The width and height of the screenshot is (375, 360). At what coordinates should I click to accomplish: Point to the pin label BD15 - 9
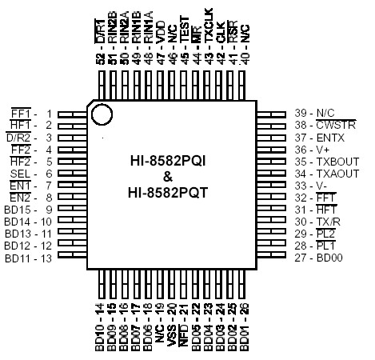[x=29, y=210]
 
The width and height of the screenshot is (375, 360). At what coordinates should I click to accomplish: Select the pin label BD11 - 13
[x=29, y=258]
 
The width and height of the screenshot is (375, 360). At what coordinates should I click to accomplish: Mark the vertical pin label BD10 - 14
[x=100, y=330]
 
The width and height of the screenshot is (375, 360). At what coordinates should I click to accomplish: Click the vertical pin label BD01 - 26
[x=243, y=330]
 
